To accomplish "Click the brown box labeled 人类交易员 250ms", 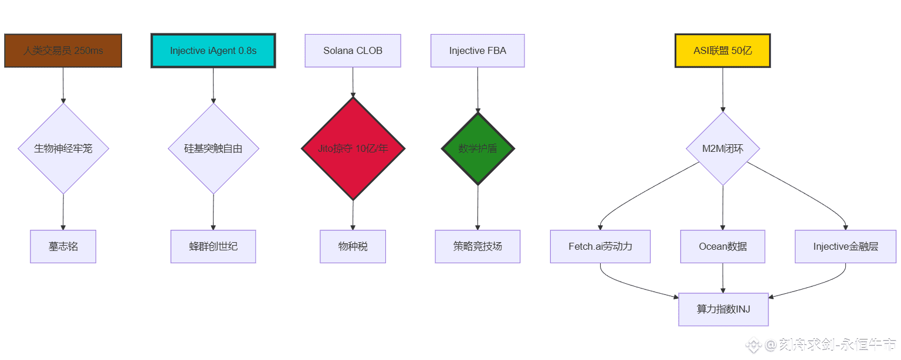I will pyautogui.click(x=63, y=50).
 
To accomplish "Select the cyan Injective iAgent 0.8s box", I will pyautogui.click(x=213, y=50).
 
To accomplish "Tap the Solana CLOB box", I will pyautogui.click(x=353, y=50).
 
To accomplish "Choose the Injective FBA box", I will pyautogui.click(x=477, y=50).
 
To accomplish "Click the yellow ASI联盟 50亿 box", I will pyautogui.click(x=722, y=50).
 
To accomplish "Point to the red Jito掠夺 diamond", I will pyautogui.click(x=353, y=148).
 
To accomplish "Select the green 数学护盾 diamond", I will pyautogui.click(x=478, y=148).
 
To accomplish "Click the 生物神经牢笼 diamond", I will pyautogui.click(x=63, y=148).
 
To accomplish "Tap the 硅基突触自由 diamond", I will pyautogui.click(x=214, y=148).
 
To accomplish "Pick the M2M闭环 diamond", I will pyautogui.click(x=723, y=148).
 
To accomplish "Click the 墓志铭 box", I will pyautogui.click(x=63, y=246).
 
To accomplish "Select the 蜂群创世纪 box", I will pyautogui.click(x=213, y=246).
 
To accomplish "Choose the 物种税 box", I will pyautogui.click(x=353, y=246).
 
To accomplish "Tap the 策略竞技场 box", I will pyautogui.click(x=477, y=246).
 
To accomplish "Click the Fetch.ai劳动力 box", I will pyautogui.click(x=600, y=246).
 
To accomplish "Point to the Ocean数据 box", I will pyautogui.click(x=723, y=246).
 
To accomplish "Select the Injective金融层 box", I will pyautogui.click(x=846, y=246).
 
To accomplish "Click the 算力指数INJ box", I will pyautogui.click(x=723, y=309).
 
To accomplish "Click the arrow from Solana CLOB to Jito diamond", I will pyautogui.click(x=353, y=82).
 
